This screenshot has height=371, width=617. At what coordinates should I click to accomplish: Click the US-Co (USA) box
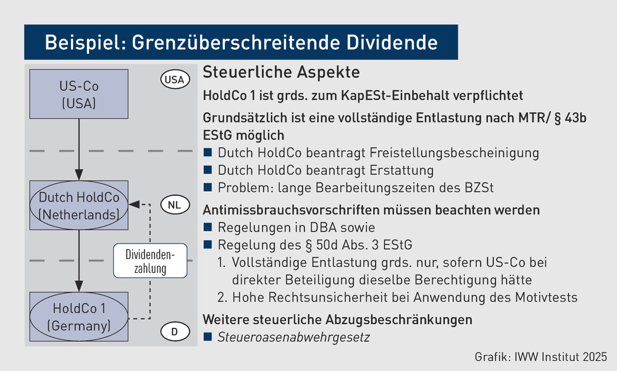[78, 94]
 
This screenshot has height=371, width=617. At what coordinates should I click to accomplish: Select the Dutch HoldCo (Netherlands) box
[78, 205]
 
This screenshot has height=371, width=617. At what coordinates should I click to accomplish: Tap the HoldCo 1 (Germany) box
[78, 317]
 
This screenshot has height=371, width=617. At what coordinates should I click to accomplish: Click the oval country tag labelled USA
[175, 80]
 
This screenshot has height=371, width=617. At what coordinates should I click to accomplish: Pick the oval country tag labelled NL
[175, 205]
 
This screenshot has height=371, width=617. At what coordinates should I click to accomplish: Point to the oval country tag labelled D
[175, 331]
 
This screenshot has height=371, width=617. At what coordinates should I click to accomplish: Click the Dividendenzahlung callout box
[150, 261]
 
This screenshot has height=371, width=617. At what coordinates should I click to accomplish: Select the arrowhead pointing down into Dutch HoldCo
[79, 175]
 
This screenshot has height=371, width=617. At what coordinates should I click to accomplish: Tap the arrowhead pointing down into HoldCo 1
[79, 286]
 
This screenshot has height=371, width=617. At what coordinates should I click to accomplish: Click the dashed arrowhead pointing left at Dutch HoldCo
[134, 205]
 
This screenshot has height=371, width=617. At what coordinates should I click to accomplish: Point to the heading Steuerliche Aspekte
[282, 72]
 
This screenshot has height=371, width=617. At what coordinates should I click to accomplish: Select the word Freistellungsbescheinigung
[455, 153]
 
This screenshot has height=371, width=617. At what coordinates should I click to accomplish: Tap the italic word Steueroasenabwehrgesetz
[293, 337]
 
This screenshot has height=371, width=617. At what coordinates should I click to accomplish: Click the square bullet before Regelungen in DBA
[208, 227]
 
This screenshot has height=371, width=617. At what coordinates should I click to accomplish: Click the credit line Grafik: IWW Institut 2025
[540, 357]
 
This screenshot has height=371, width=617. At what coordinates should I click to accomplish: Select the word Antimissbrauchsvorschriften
[290, 210]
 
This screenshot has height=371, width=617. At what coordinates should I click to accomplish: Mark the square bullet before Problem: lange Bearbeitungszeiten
[208, 187]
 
